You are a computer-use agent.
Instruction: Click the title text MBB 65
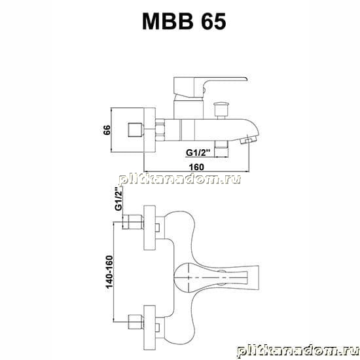coord(184,22)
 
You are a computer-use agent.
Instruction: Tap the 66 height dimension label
coord(107,130)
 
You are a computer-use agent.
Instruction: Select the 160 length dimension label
coord(196,167)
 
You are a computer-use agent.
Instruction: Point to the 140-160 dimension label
coord(109,272)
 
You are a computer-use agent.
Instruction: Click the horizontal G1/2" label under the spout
coord(198,153)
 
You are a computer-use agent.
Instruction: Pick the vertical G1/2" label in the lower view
coord(118,199)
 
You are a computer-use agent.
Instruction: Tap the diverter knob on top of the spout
coord(221,110)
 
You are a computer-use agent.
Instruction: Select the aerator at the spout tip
coord(249,139)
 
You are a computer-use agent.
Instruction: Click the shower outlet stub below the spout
coord(221,149)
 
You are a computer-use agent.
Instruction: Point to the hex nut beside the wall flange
coord(160,130)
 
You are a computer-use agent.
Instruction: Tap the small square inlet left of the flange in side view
coord(135,130)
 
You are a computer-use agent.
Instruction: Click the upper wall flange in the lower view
coord(149,228)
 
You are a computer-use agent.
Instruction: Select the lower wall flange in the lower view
coord(149,328)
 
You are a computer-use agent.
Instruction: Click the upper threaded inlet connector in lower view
coord(133,222)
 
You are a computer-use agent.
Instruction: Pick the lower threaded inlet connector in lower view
coord(135,322)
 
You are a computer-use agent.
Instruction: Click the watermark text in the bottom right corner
coord(298,352)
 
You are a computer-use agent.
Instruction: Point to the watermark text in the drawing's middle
coord(180,179)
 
